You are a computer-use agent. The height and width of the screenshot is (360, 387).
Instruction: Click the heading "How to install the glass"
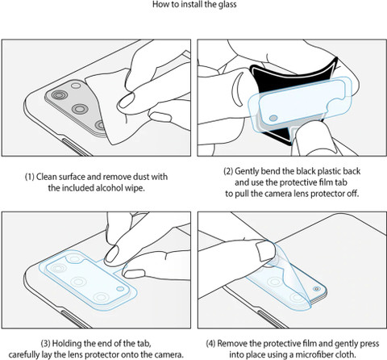[x=194, y=4]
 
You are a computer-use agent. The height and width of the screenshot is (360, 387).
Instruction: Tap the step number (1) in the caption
[x=30, y=177]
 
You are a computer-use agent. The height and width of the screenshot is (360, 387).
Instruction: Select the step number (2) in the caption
[x=228, y=171]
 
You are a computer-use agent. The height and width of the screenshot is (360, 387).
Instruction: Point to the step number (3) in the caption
[x=45, y=343]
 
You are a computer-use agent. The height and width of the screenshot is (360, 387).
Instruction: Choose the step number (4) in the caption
[x=210, y=344]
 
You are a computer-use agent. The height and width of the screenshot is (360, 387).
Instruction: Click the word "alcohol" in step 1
[x=109, y=188]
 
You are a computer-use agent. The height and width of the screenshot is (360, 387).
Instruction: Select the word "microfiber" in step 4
[x=314, y=354]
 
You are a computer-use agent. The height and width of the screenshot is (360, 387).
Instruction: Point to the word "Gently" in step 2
[x=247, y=171]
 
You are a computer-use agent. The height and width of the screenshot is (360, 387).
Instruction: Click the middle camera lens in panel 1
[x=80, y=109]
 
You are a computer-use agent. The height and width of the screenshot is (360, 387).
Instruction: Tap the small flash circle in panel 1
[x=76, y=86]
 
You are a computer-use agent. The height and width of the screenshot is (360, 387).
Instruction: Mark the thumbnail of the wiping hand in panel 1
[x=126, y=101]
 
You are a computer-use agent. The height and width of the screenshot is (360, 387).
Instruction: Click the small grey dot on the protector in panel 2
[x=273, y=118]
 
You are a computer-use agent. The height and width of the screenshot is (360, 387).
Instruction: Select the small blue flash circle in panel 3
[x=120, y=289]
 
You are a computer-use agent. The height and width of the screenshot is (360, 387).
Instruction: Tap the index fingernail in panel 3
[x=111, y=254]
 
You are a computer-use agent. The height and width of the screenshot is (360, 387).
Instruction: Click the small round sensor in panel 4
[x=316, y=289]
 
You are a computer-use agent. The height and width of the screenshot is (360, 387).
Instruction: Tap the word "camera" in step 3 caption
[x=166, y=354]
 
